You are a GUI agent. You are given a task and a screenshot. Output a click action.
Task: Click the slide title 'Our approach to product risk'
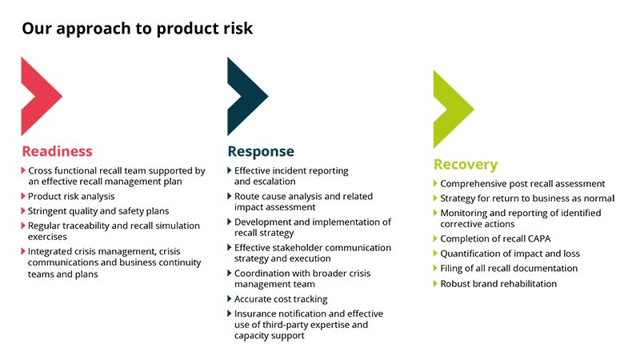(x=137, y=29)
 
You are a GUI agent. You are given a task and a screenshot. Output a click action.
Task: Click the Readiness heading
(x=57, y=151)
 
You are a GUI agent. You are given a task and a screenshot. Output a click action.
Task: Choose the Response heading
(x=261, y=151)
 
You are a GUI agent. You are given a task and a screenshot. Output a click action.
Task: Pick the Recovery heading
(x=466, y=165)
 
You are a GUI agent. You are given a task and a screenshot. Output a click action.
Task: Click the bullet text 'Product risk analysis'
(x=71, y=196)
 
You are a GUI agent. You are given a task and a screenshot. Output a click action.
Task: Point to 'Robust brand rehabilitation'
(x=498, y=283)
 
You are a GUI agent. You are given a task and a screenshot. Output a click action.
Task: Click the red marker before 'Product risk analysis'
(x=23, y=196)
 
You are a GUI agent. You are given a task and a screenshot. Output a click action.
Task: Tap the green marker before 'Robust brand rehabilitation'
(x=436, y=283)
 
